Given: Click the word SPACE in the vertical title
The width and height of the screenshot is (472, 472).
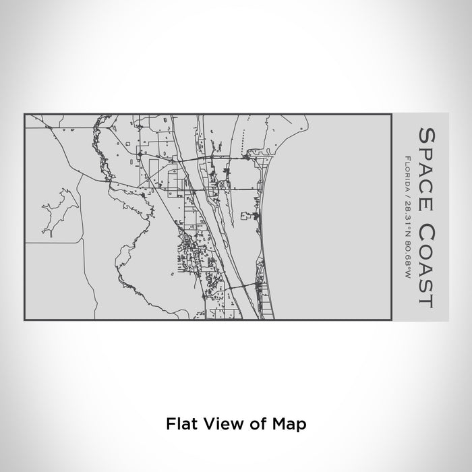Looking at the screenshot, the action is [x=426, y=165].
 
